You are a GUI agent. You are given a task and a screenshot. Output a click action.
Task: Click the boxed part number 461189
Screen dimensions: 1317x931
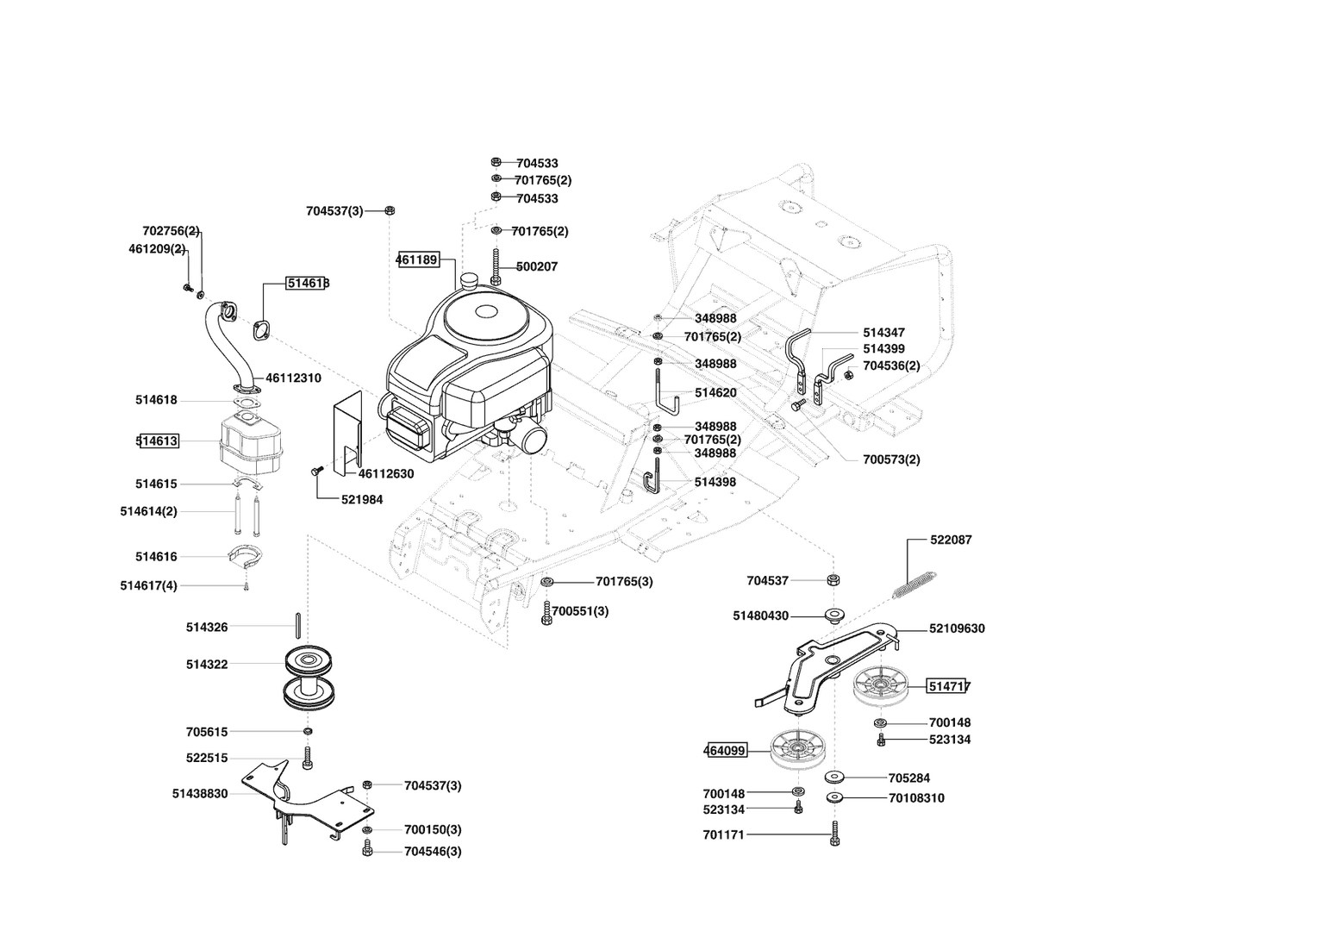click(x=418, y=259)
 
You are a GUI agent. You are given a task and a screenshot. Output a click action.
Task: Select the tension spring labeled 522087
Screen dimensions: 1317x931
click(x=914, y=584)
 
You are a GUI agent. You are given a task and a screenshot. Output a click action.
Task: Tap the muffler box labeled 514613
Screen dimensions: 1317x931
click(x=251, y=441)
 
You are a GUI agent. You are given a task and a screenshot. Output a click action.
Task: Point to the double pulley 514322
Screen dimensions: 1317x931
click(x=309, y=678)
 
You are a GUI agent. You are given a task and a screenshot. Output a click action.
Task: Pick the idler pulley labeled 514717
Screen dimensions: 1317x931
click(x=879, y=685)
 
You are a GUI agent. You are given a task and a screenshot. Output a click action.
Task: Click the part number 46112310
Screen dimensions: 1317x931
click(x=293, y=378)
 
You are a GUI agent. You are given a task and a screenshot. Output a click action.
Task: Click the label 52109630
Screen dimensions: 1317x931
click(x=957, y=628)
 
